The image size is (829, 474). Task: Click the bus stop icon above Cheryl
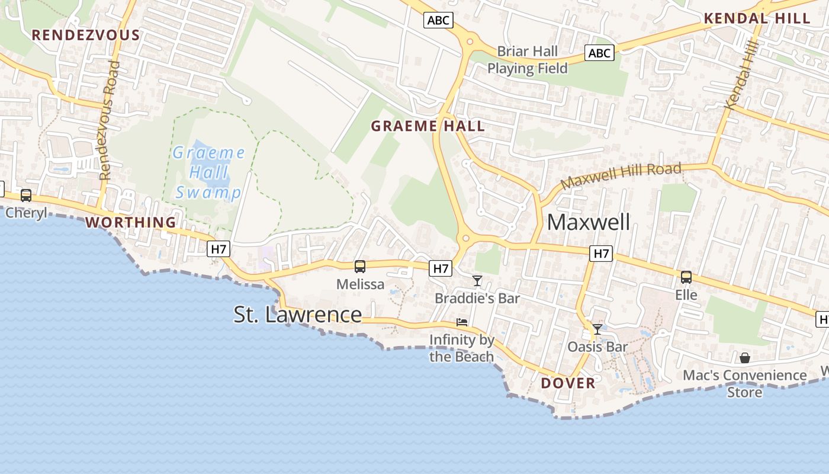tap(26, 195)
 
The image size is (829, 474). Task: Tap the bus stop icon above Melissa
tap(359, 267)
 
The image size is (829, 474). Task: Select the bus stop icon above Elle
tap(686, 277)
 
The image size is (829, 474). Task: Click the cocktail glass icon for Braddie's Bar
tap(477, 280)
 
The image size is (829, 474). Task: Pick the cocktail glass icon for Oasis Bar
tap(597, 329)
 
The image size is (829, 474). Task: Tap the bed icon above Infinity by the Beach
tap(462, 322)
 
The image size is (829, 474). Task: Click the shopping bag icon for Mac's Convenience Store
tap(745, 358)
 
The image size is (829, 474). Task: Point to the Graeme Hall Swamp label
tap(208, 172)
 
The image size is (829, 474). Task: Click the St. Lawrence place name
tap(297, 314)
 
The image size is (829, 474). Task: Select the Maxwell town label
tap(589, 222)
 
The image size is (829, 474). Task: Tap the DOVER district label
tap(568, 383)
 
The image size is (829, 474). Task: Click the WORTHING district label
tap(131, 222)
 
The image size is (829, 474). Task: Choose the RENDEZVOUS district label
tap(86, 35)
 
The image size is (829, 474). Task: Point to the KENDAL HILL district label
tap(757, 18)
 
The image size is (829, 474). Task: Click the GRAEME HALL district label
tap(428, 126)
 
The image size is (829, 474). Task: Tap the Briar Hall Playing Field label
tap(527, 60)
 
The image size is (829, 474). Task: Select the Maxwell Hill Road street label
tap(621, 175)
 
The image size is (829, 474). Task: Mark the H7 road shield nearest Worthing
tap(219, 249)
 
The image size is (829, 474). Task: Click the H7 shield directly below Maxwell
tap(601, 254)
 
